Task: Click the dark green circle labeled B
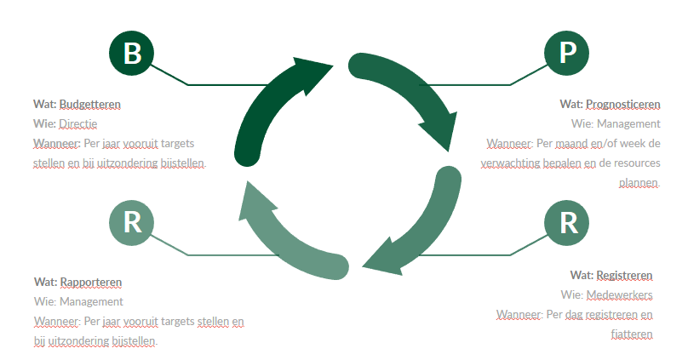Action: coord(132,53)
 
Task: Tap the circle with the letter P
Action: coord(567,53)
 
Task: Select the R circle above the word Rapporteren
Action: coord(132,222)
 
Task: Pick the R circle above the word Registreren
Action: coord(567,222)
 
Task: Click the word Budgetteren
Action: coord(89,105)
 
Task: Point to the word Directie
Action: coord(78,124)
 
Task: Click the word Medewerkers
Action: coord(619,294)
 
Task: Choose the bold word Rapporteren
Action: coord(90,282)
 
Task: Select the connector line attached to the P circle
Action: coord(511,84)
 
